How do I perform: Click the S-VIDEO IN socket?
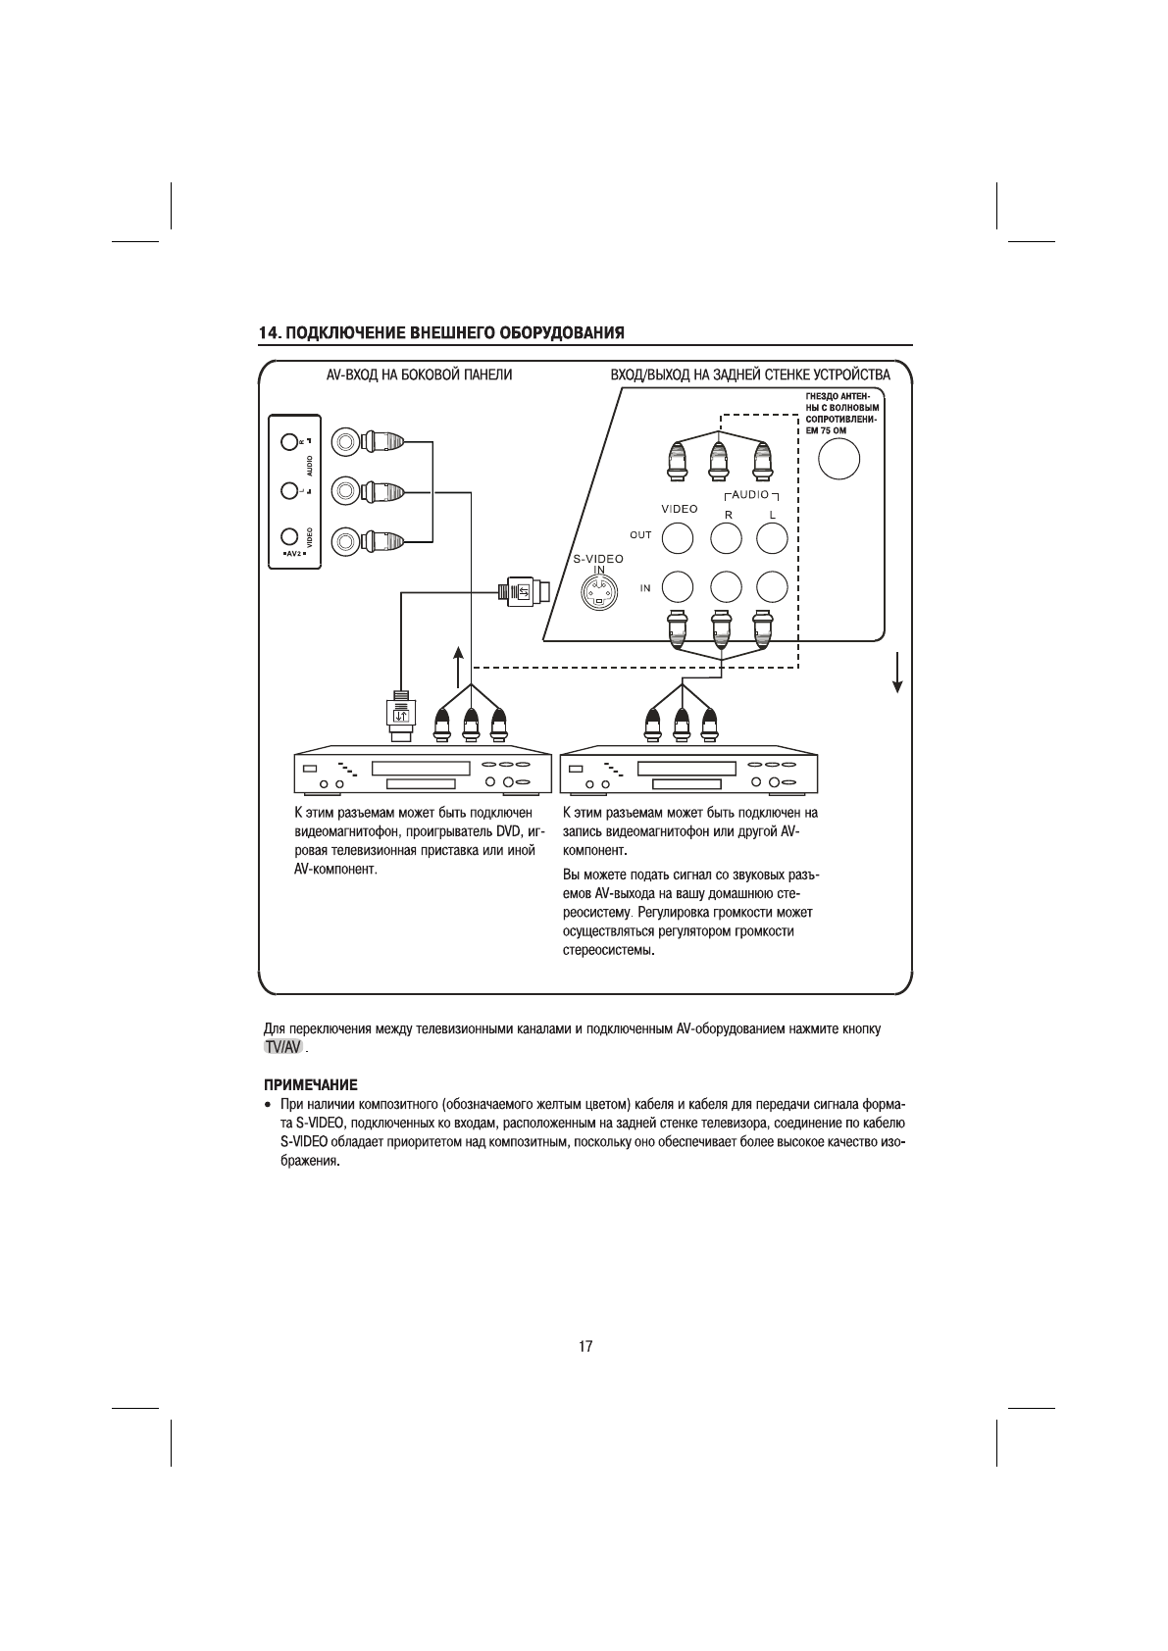[x=598, y=591]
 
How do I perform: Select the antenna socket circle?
[x=838, y=459]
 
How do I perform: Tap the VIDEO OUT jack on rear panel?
[x=677, y=537]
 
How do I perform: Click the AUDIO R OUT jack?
[x=726, y=537]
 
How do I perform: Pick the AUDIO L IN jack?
[x=772, y=586]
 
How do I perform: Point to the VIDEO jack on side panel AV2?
[x=288, y=536]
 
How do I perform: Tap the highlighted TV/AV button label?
[x=282, y=1048]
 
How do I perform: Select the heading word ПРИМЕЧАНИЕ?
[x=309, y=1085]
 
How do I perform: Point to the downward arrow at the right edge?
[x=896, y=673]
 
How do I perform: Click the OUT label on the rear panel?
[x=639, y=535]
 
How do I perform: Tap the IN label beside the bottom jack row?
[x=645, y=588]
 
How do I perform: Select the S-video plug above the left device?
[x=400, y=709]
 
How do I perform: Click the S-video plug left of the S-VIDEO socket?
[x=523, y=591]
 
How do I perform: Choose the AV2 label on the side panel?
[x=293, y=555]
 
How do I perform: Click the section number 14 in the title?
[x=267, y=332]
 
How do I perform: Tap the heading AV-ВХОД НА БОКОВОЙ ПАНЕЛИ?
[x=419, y=375]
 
